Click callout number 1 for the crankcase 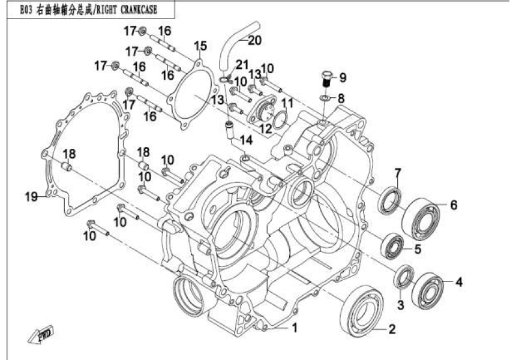[x=295, y=328]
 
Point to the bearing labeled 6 [x=425, y=218]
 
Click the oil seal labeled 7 [x=391, y=200]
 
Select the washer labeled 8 [x=325, y=98]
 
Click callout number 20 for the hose [x=254, y=41]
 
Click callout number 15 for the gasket [x=200, y=46]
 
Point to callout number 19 [x=28, y=196]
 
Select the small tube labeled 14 [x=229, y=129]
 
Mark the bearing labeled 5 [x=394, y=245]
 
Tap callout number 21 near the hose [x=241, y=65]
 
